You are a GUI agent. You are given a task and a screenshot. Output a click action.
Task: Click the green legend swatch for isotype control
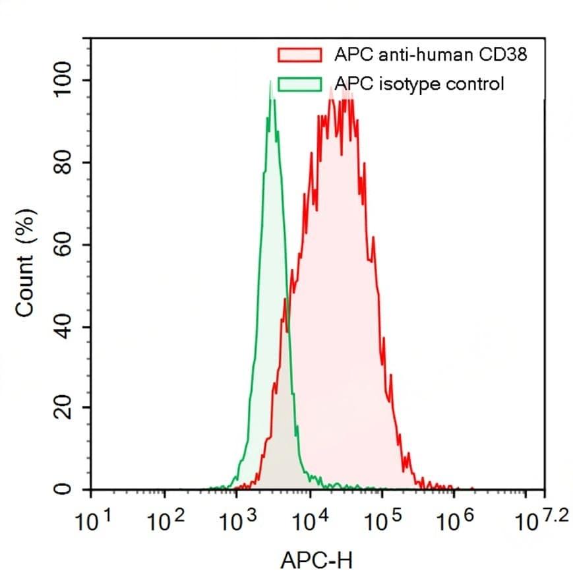coord(299,84)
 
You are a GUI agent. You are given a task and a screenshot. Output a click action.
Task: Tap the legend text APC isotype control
coord(419,84)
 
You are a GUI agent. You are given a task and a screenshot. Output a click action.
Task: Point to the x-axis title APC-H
coord(317,561)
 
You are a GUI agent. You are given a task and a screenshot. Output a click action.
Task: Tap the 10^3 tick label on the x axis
coord(237,523)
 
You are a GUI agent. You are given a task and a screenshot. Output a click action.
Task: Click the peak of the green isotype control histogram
coord(270,82)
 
